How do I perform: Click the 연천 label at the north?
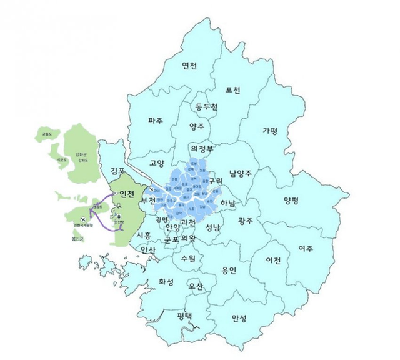point(189,66)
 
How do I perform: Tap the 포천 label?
point(232,90)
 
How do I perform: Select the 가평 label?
point(270,131)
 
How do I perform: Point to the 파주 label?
point(156,120)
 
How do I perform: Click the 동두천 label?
point(206,107)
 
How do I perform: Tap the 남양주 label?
point(241,173)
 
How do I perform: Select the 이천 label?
point(273,259)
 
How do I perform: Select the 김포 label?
point(118,170)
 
